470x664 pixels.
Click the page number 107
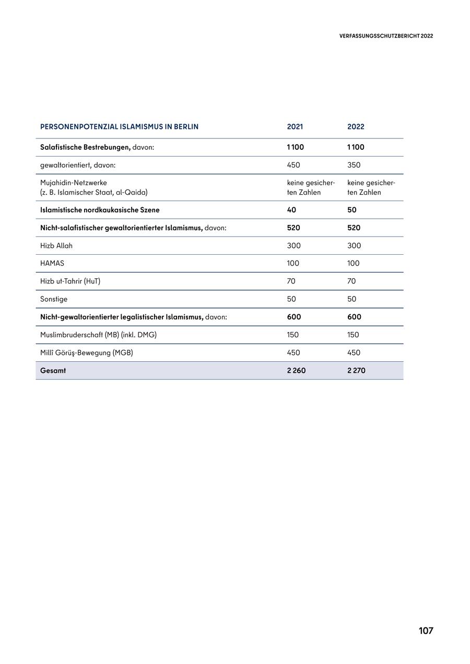(426, 631)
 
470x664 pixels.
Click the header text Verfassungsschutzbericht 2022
(386, 36)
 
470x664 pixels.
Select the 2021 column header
(295, 127)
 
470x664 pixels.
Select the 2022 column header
(356, 127)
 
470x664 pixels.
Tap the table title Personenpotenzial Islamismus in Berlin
(119, 127)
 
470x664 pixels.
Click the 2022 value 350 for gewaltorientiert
(354, 165)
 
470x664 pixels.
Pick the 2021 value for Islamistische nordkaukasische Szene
(291, 210)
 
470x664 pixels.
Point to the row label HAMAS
(52, 263)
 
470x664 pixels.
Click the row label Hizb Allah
(56, 245)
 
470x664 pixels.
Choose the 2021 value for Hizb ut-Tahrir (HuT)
(291, 281)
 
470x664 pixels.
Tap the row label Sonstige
(54, 299)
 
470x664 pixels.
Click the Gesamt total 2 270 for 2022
(356, 371)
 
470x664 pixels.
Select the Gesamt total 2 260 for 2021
(296, 371)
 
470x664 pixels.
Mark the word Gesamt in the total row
(53, 371)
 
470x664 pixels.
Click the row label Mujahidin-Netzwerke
(74, 183)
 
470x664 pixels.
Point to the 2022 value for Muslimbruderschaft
(353, 335)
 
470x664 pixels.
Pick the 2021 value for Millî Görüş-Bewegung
(293, 353)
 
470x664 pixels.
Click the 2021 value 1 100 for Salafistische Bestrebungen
(295, 147)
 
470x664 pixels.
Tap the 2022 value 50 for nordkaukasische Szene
(351, 210)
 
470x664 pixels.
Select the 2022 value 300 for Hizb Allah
(354, 245)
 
